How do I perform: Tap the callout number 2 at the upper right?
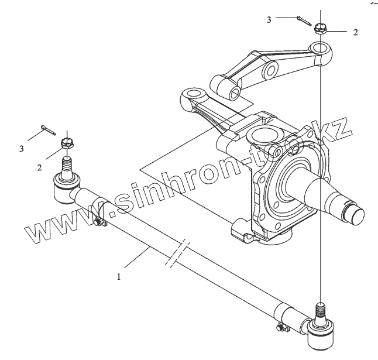click(x=355, y=33)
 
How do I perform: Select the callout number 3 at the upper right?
click(x=269, y=20)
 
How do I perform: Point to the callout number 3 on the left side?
click(x=22, y=149)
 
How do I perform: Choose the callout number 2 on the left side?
click(x=39, y=167)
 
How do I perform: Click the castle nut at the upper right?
click(x=320, y=28)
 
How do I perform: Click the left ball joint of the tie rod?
click(x=63, y=188)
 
